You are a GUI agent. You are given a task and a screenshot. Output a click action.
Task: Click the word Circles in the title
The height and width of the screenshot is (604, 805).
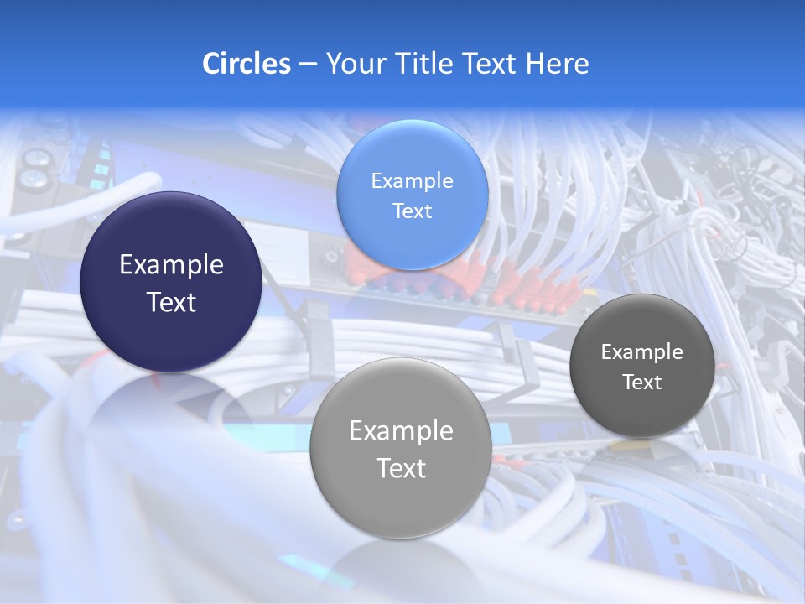[246, 64]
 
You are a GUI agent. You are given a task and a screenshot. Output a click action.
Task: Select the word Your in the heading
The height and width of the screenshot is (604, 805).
[353, 64]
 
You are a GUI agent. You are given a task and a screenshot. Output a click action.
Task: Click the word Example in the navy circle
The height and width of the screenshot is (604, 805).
[171, 265]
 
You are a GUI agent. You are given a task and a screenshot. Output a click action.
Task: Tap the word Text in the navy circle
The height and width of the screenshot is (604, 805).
[171, 302]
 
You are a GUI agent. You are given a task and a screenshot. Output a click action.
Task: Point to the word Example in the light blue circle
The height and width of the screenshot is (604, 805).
[412, 180]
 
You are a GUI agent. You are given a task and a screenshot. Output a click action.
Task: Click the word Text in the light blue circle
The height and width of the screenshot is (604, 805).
[412, 211]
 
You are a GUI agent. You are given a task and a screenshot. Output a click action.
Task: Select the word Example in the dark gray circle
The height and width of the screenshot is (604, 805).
[641, 351]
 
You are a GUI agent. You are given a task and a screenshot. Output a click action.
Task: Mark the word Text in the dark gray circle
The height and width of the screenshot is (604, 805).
[642, 382]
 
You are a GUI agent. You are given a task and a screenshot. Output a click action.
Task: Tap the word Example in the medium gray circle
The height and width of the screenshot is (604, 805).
[401, 430]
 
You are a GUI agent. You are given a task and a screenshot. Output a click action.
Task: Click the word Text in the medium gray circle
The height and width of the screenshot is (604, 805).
[401, 468]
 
